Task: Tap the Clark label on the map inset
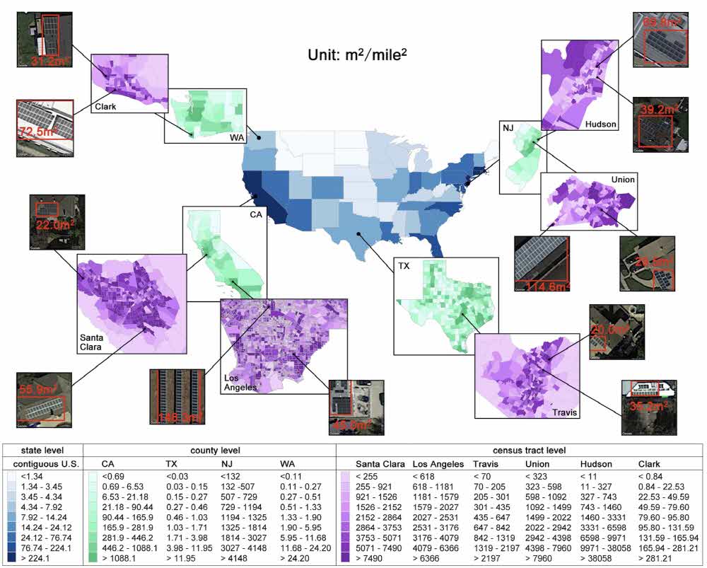point(105,108)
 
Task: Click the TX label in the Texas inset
point(404,267)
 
